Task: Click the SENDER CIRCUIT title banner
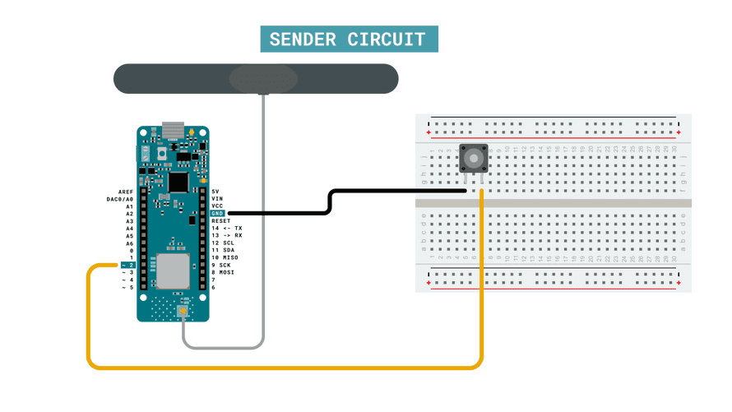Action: tap(348, 39)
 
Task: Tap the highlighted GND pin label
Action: tap(218, 213)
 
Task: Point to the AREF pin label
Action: tap(126, 191)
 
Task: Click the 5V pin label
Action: tap(215, 191)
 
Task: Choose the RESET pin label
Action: tap(221, 220)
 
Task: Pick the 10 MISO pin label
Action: tap(225, 257)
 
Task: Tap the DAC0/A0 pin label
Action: tap(120, 198)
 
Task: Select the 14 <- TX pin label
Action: tap(226, 228)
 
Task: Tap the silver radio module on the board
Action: tap(173, 271)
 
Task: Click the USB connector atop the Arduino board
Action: tap(173, 129)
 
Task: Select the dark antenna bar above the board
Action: tap(255, 79)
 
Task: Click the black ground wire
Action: tap(329, 202)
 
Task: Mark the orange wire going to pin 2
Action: tap(280, 366)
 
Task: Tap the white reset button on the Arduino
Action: tap(162, 154)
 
